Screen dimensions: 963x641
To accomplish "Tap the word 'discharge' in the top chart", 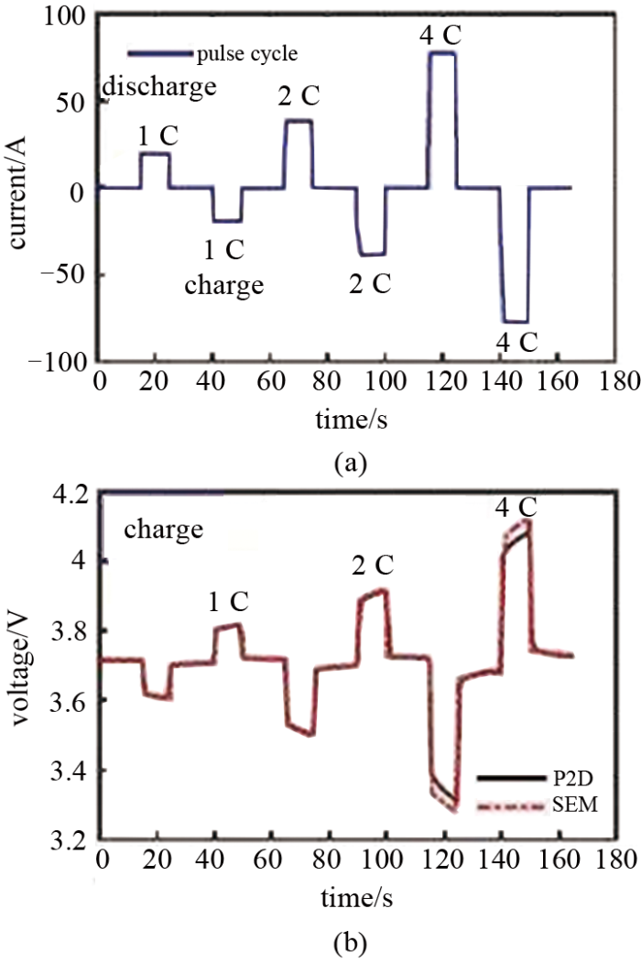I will click(x=159, y=87).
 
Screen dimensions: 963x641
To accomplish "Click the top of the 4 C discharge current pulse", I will click(x=441, y=53).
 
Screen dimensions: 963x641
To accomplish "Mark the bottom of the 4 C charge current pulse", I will click(x=516, y=322).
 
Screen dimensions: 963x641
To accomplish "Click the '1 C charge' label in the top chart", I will click(x=224, y=268).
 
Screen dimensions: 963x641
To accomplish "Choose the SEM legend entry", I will click(x=530, y=804).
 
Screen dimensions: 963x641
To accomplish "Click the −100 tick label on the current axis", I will click(x=60, y=362).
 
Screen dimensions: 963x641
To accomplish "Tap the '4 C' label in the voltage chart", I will click(x=517, y=507).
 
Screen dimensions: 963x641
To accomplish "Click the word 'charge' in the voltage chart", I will click(x=164, y=530).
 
